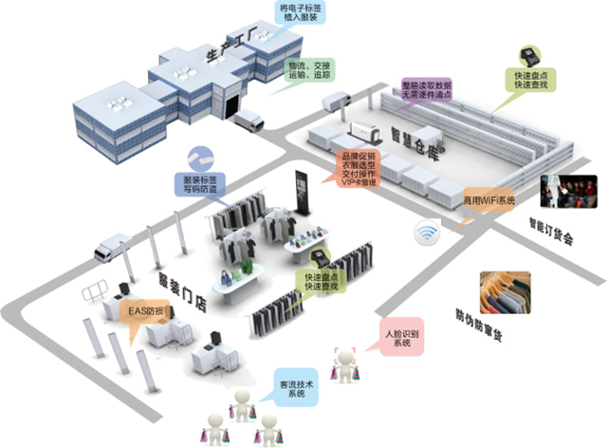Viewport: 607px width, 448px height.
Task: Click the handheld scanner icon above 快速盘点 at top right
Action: point(525,54)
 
